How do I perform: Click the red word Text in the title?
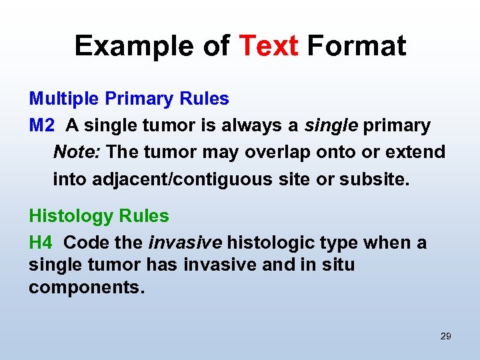click(268, 46)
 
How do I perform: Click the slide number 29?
click(446, 336)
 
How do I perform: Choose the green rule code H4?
click(41, 243)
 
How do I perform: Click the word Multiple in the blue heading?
click(63, 99)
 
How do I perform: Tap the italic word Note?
click(77, 152)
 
